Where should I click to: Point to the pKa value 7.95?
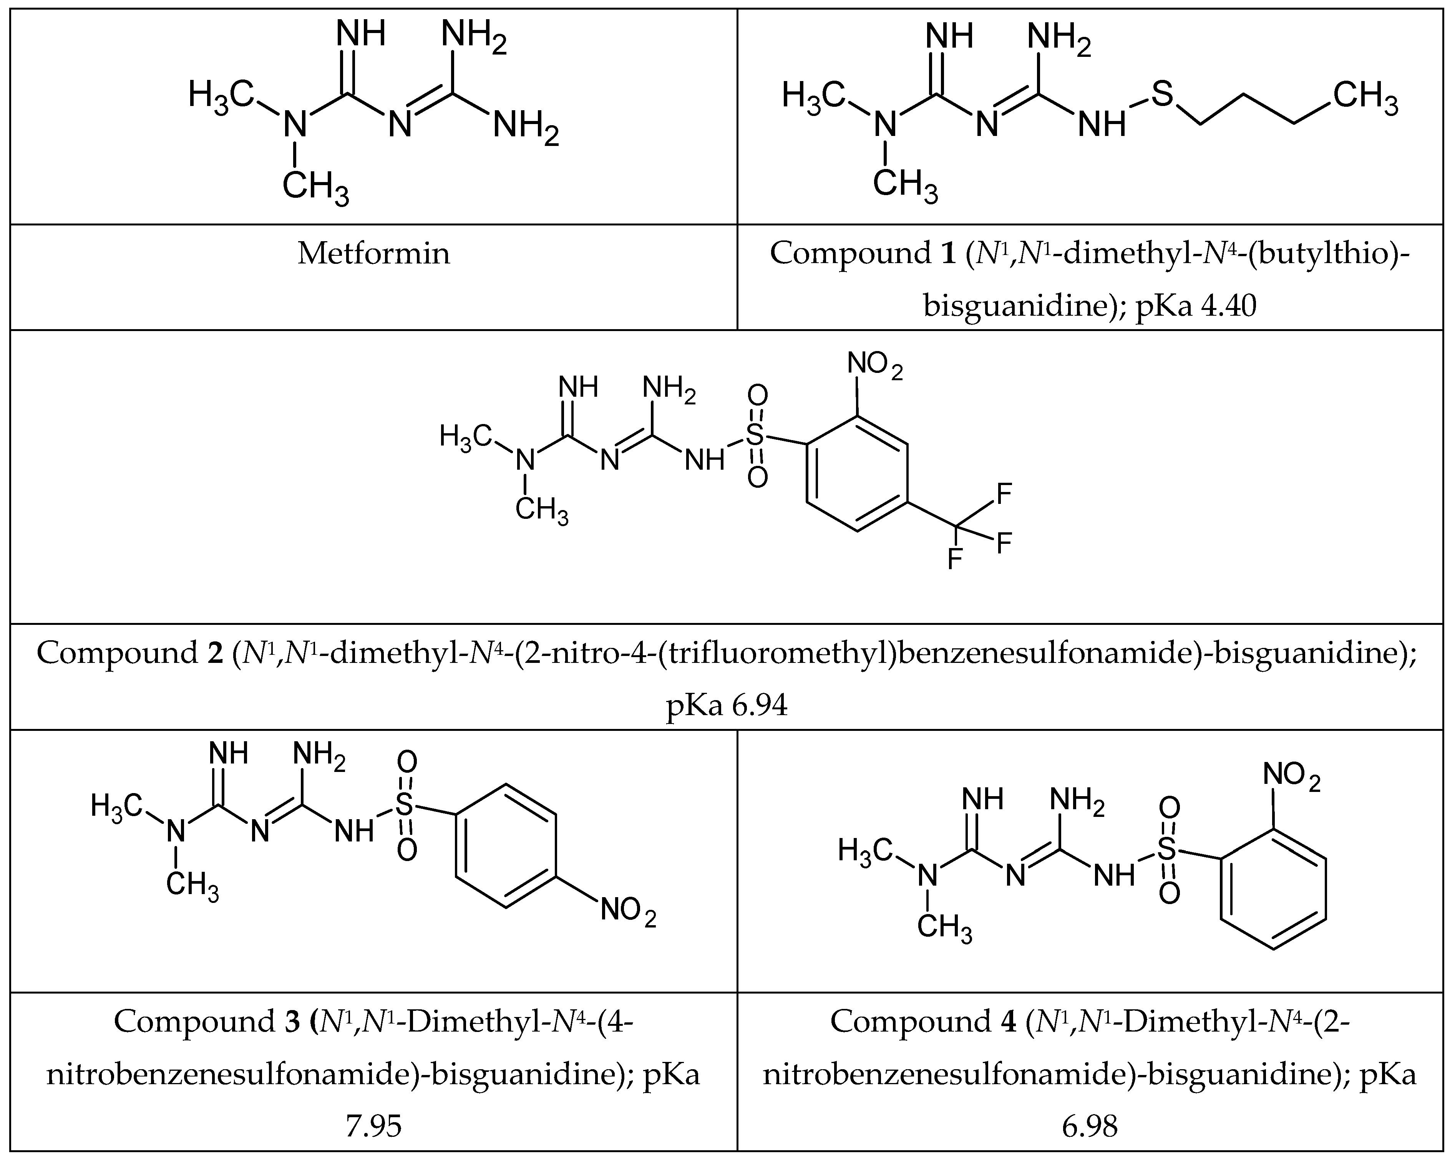coord(373,1126)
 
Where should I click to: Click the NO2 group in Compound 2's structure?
coord(874,366)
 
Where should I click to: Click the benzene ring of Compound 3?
coord(506,845)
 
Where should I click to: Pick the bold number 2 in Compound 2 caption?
coord(215,653)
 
